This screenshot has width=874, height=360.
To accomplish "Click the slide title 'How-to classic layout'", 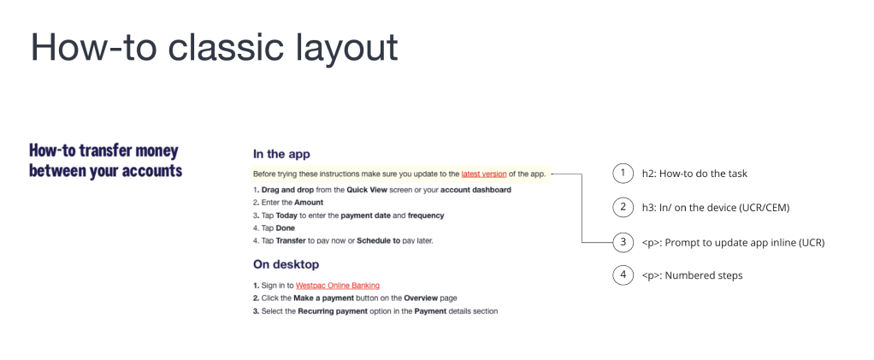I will [215, 47].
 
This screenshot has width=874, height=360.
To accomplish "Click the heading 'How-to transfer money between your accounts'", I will [105, 160].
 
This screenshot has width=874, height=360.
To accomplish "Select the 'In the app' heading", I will [281, 154].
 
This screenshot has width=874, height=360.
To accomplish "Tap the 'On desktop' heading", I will [286, 264].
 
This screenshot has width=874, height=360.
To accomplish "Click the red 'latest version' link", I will [483, 174].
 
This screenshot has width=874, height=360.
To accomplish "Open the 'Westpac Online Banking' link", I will [337, 285].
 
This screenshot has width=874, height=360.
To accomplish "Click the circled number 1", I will [623, 174].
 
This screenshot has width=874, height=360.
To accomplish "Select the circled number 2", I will [623, 208].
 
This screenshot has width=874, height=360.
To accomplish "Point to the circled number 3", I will [623, 242].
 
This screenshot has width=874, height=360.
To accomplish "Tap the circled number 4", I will [623, 275].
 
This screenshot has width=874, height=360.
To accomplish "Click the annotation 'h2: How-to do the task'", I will [694, 174].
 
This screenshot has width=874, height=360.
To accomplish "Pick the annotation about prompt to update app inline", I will [733, 242].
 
